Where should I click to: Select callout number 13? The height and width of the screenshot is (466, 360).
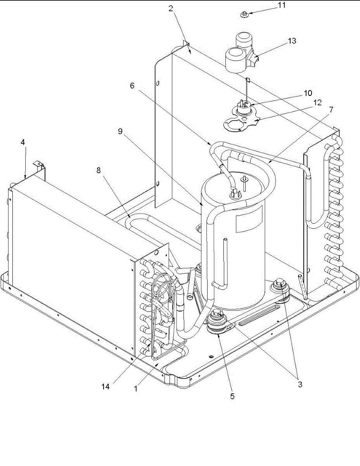292,41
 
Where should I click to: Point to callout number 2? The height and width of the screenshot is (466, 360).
171,9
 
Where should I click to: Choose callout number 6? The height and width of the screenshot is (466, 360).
132,86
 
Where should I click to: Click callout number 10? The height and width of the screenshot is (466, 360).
308,94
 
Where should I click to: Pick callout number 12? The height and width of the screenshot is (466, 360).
318,103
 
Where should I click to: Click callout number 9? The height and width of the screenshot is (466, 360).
121,131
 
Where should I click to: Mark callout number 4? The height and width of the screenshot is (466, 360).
23,143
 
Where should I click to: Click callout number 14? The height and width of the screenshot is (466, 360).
106,387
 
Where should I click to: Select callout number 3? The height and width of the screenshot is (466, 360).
299,385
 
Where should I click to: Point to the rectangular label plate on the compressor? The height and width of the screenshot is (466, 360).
249,219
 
